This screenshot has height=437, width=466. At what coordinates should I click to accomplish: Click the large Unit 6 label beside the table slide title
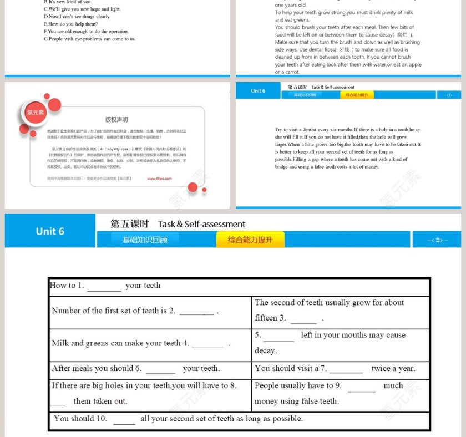coord(50,231)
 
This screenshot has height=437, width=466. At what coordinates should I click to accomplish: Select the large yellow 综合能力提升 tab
coord(250,240)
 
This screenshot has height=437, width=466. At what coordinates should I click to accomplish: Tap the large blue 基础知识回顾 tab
coord(144,240)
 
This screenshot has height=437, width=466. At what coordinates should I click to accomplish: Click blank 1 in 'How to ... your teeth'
coord(104,287)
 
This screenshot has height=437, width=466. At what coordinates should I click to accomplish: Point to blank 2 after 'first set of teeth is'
coord(196,312)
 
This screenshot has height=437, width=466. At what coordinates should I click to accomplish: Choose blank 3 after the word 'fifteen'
coord(303,319)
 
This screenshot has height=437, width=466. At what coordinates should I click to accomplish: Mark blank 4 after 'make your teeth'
coord(207,344)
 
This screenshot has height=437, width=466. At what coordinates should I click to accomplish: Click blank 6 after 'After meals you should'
coord(160,369)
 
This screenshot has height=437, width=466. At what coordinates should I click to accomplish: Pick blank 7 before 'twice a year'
coord(346,369)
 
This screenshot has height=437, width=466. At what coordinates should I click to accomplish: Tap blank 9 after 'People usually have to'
coord(362,387)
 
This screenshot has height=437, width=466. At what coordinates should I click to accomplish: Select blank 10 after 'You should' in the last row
coord(124,420)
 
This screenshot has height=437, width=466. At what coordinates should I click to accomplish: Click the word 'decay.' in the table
coord(265,351)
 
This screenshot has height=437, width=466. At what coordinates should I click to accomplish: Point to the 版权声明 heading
coord(116,119)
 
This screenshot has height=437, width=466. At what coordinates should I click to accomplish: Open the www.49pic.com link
coord(159,179)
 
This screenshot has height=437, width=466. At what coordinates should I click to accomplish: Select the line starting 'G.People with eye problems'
coord(90,39)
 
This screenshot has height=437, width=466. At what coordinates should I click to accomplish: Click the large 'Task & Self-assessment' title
coord(201,225)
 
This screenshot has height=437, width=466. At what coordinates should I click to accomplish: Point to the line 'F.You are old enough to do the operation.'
coord(86,32)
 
